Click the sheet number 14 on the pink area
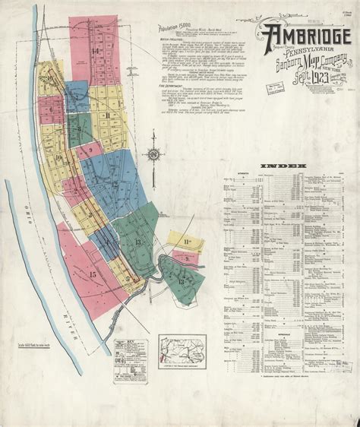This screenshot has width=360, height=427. click(96, 51)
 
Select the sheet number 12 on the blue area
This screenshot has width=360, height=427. click(115, 184)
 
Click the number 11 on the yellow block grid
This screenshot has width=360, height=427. click(109, 115)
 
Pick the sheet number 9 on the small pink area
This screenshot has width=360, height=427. click(90, 150)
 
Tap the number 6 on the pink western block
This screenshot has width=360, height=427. click(52, 109)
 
